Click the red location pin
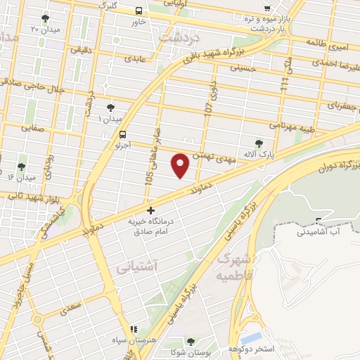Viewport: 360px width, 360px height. point(181,165)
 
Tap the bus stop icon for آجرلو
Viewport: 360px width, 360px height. point(124,134)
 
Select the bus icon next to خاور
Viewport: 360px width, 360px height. point(139,11)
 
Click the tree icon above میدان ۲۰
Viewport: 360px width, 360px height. point(46,18)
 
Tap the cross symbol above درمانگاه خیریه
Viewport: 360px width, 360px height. point(150,210)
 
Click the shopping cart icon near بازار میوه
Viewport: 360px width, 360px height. point(266,8)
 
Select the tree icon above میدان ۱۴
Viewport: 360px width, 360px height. point(21,167)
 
